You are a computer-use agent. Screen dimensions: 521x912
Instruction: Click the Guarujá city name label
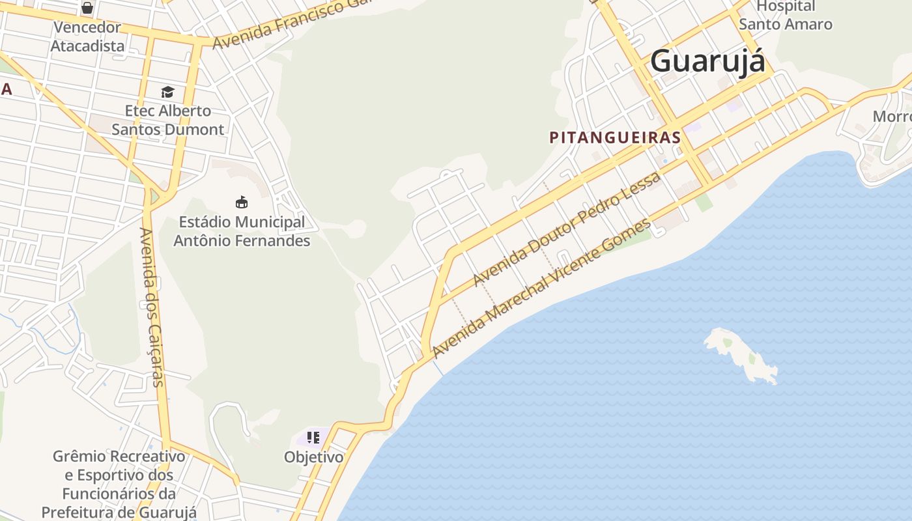point(707,61)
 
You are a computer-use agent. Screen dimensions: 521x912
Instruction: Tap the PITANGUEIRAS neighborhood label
point(615,137)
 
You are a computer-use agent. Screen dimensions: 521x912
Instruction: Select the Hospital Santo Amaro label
point(786,16)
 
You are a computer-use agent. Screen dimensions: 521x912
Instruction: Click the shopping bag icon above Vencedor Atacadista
point(87,8)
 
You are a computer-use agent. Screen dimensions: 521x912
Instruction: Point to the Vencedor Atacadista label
point(87,36)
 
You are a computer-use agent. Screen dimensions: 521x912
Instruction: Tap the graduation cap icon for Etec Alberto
point(167,92)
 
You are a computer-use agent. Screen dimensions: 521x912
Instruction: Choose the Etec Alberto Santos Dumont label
point(168,120)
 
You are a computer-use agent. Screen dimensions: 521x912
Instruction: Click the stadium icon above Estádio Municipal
point(242,202)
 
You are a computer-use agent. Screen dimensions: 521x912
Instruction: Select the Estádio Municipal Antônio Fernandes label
point(242,231)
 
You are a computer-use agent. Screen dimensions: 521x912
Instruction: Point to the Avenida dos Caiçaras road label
point(154,307)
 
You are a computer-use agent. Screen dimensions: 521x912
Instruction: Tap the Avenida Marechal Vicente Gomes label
point(541,288)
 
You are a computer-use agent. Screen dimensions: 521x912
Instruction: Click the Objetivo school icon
point(313,438)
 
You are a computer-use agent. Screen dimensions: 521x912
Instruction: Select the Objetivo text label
point(313,457)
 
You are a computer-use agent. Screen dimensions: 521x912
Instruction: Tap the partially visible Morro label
point(892,117)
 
